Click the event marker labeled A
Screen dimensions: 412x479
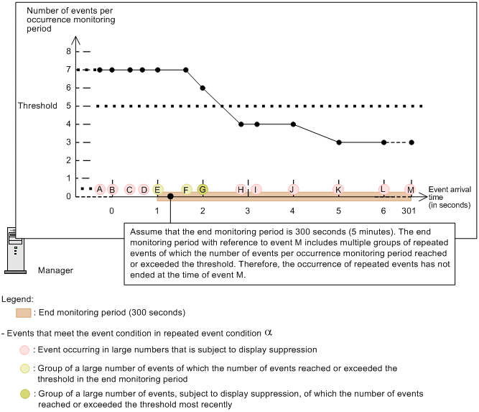click(x=100, y=189)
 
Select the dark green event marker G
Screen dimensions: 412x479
click(x=203, y=189)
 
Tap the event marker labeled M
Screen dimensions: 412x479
click(x=411, y=189)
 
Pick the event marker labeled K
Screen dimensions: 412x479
click(x=338, y=189)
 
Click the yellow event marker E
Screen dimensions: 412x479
click(x=157, y=189)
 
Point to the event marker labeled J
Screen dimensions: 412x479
click(x=293, y=189)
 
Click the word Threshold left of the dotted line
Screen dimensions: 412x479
click(x=37, y=106)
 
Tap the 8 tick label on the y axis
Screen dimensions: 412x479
click(x=69, y=52)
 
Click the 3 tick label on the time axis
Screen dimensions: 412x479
click(x=248, y=211)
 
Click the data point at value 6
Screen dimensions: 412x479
click(x=203, y=88)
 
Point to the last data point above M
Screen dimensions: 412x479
click(x=411, y=142)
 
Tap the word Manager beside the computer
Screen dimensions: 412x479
click(x=55, y=270)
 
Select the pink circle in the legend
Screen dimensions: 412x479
click(x=25, y=350)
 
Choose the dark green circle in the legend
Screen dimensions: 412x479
click(x=25, y=395)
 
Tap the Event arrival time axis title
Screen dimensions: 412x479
click(x=446, y=196)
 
